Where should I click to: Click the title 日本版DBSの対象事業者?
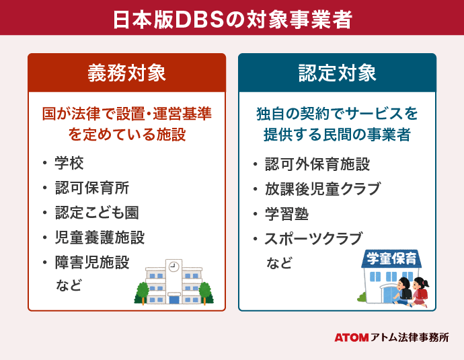pyautogui.click(x=231, y=19)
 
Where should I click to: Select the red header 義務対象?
pyautogui.click(x=126, y=73)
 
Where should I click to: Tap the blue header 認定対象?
pyautogui.click(x=337, y=73)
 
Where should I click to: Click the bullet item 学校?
pyautogui.click(x=69, y=163)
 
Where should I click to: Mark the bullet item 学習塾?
pyautogui.click(x=286, y=213)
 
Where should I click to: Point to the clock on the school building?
pyautogui.click(x=174, y=266)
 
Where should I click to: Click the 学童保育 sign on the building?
pyautogui.click(x=391, y=258)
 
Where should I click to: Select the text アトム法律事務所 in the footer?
pyautogui.click(x=410, y=338)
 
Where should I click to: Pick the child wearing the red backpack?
pyautogui.click(x=420, y=291)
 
